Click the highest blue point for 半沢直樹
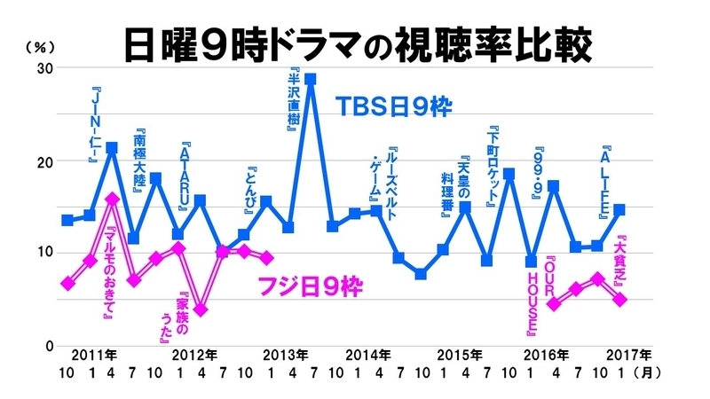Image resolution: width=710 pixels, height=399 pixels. click(310, 79)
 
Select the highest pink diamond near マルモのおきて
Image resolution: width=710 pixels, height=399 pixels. click(112, 199)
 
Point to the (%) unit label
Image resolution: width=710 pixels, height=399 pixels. click(41, 46)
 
